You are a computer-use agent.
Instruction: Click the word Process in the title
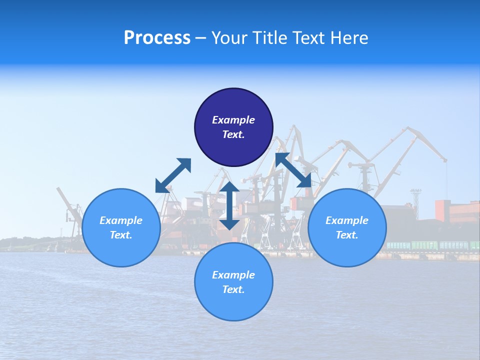tap(157, 38)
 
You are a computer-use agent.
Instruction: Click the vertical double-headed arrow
tap(229, 205)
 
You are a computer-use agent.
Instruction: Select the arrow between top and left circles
tap(173, 175)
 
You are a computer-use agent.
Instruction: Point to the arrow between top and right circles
tap(293, 170)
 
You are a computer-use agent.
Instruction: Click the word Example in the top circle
tap(233, 120)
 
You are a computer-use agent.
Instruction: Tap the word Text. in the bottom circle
tap(233, 289)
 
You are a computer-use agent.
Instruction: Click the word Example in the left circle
tap(121, 220)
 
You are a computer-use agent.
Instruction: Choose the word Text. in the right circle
tap(347, 235)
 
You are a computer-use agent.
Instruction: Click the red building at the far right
tap(456, 211)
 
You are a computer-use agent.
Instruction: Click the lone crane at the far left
tap(69, 210)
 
